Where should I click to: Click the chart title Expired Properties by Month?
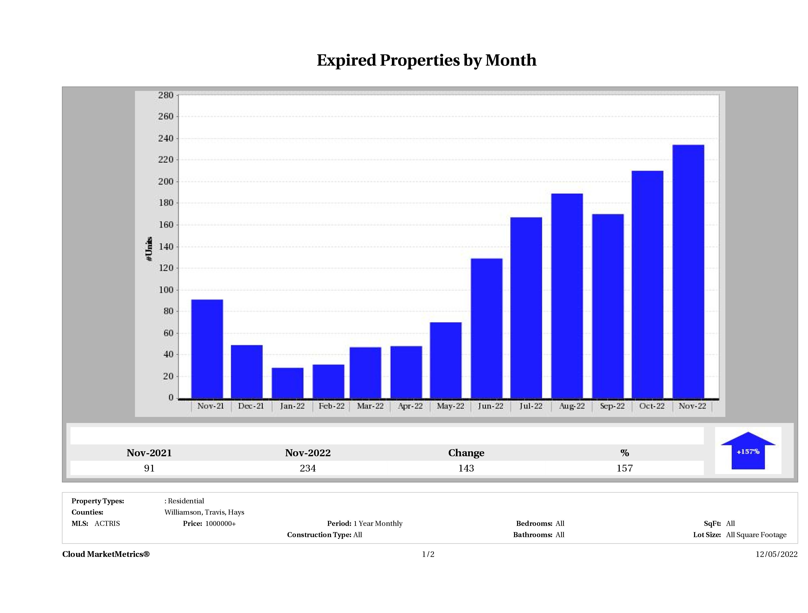426,60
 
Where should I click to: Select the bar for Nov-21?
207,349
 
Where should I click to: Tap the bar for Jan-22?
287,383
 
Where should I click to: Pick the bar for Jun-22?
487,329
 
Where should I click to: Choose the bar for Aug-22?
567,296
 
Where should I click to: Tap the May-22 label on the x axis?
450,406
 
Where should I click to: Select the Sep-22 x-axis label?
612,406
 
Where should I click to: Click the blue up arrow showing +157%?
748,451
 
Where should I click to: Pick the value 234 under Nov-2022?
307,468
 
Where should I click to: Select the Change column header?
466,453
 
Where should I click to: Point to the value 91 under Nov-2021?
149,468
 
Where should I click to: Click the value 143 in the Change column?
466,468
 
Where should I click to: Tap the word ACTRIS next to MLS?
107,524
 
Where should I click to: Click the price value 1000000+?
220,524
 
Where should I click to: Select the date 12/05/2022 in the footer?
776,554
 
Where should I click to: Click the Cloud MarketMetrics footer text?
106,554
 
